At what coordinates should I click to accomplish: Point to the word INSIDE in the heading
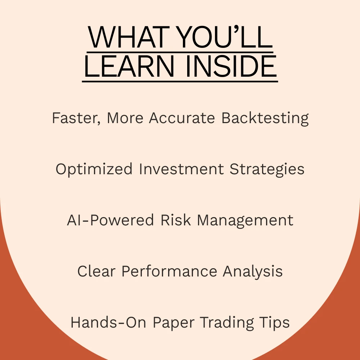231,66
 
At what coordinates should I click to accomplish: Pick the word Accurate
182,118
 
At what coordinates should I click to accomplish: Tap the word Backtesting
265,118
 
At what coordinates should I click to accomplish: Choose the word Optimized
94,170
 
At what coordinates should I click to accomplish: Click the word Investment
181,169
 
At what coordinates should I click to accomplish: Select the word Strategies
267,170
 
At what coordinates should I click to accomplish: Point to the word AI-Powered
110,220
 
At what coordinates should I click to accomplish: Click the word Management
245,220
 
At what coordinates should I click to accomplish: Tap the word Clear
96,271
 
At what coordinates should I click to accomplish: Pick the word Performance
169,271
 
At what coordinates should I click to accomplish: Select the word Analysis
253,271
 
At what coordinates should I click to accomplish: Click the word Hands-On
108,322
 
